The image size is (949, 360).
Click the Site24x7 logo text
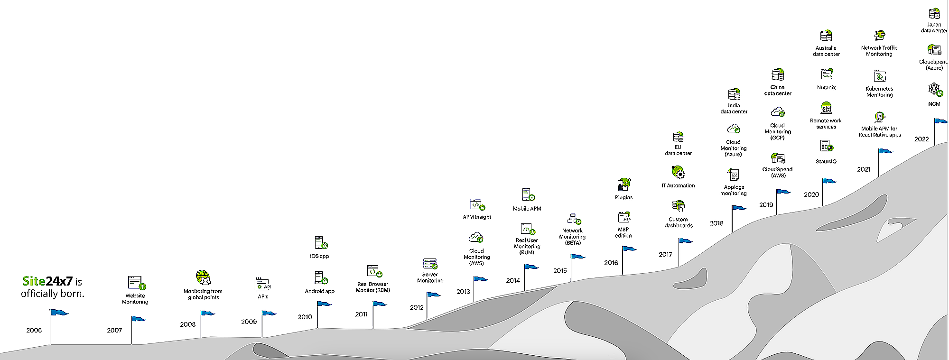tap(47, 281)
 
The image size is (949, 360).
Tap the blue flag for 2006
tap(60, 312)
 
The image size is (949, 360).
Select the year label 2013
tap(463, 292)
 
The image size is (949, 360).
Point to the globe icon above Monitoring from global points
tap(203, 277)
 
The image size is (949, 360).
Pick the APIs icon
tap(263, 284)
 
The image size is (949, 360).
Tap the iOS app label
tap(319, 256)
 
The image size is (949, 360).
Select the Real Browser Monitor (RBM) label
tap(373, 287)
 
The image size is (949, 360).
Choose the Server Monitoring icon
tap(430, 264)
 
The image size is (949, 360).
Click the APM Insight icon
tap(476, 204)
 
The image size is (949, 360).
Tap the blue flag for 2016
tap(629, 249)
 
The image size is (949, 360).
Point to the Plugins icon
tap(624, 184)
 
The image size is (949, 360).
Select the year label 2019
tap(766, 205)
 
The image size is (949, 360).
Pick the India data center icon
tap(734, 94)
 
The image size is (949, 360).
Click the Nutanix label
tap(826, 87)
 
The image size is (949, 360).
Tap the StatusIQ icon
tap(827, 146)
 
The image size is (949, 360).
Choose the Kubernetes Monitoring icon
tap(880, 76)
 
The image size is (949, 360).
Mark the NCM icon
tap(934, 89)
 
